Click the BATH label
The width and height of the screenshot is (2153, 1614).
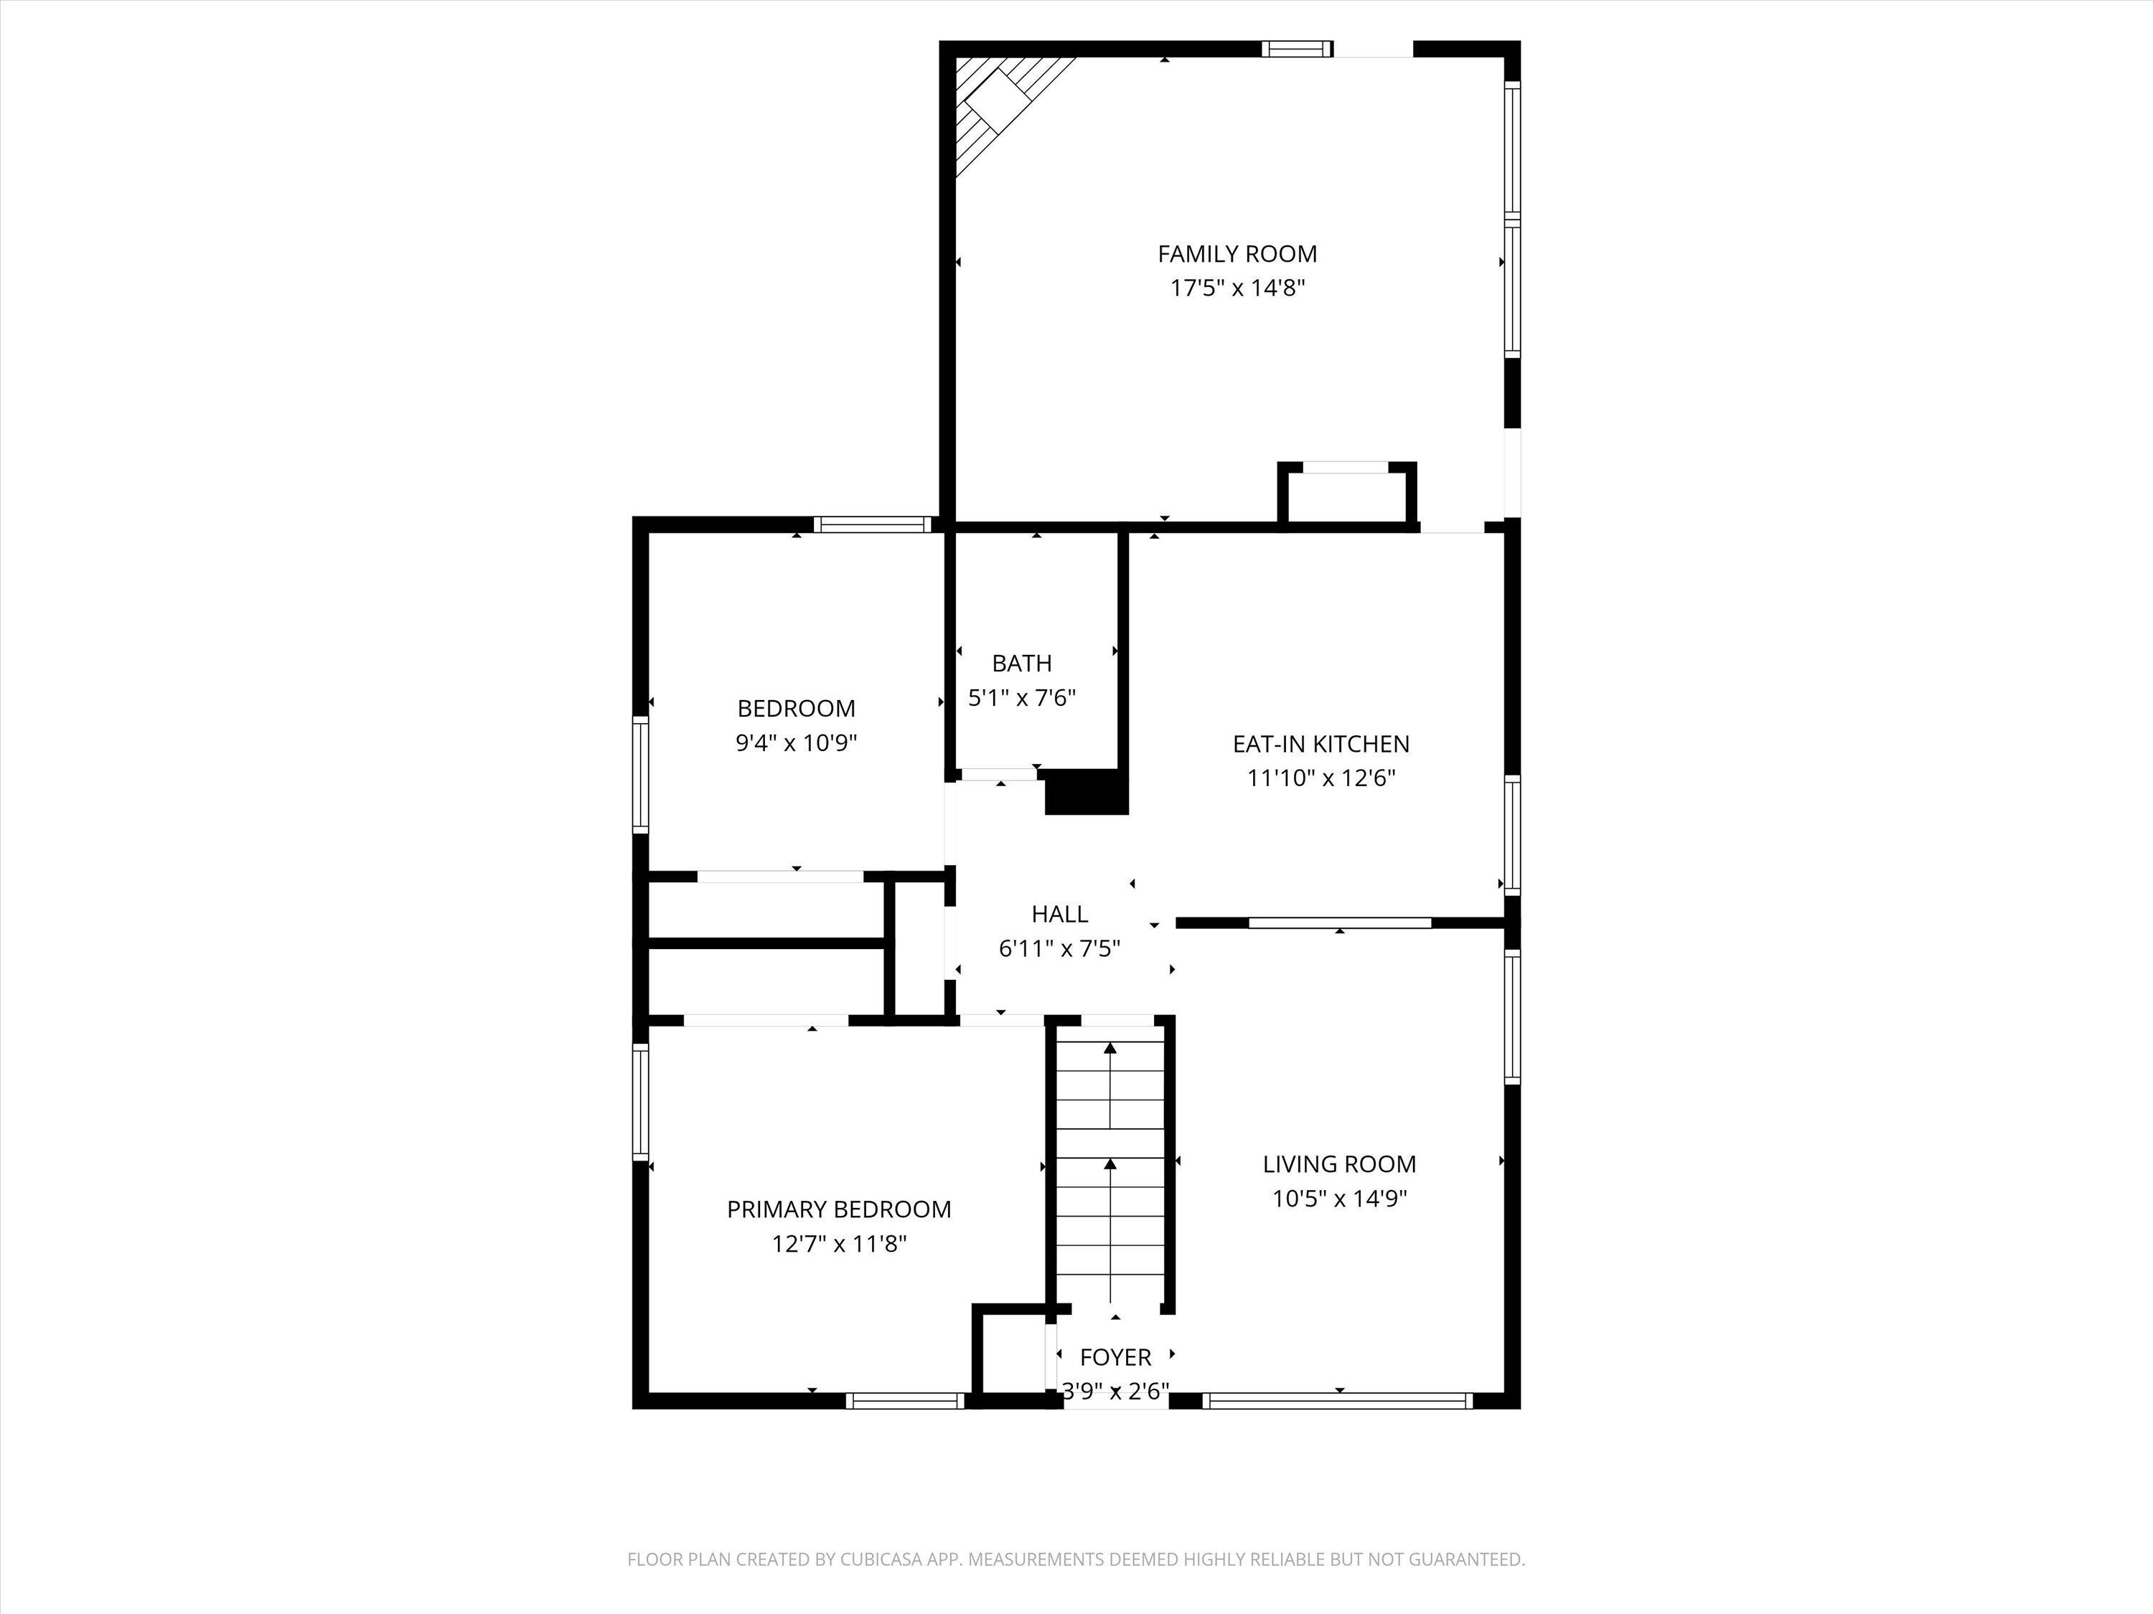point(1021,664)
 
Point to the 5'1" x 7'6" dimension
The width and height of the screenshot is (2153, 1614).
point(1021,697)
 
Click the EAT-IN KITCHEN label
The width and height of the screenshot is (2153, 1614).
point(1321,745)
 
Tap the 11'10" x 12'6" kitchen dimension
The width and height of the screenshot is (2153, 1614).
point(1321,778)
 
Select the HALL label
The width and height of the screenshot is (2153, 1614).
point(1059,914)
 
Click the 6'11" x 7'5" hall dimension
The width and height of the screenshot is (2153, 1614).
point(1059,948)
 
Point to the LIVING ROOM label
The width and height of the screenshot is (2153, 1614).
point(1338,1164)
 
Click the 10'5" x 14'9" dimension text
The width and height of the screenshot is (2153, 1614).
point(1338,1199)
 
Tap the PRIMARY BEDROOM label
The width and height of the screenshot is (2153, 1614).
point(838,1209)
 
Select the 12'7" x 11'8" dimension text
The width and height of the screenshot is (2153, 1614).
point(838,1243)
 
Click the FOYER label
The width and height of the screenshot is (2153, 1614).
point(1115,1357)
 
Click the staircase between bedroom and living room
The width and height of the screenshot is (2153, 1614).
point(1110,1167)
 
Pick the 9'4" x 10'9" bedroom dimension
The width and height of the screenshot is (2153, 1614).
point(795,743)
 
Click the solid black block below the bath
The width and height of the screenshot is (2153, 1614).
point(1085,792)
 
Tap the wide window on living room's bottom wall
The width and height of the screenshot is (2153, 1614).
point(1337,1401)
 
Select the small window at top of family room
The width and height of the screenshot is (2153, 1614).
point(1297,49)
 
